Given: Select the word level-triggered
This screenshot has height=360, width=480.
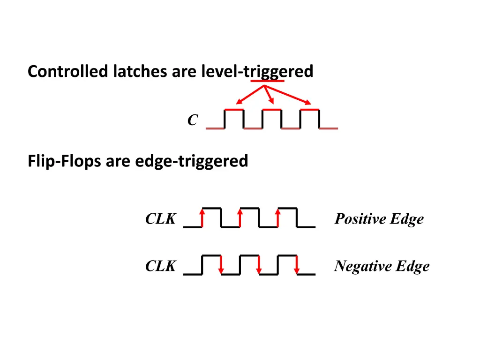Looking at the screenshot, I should point(257,72).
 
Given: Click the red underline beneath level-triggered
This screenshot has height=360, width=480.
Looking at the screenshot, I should point(267,81).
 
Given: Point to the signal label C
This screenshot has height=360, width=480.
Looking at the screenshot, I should point(192,120).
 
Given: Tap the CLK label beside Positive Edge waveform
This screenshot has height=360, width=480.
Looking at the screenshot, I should point(160,219).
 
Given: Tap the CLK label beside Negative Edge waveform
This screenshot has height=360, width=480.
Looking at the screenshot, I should point(160,266).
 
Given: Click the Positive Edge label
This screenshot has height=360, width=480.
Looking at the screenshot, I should point(379,219).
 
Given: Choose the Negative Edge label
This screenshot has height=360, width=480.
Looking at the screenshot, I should point(382,266).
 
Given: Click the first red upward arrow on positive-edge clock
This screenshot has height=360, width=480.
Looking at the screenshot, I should point(202,218).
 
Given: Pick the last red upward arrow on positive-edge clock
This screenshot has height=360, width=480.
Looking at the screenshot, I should point(278,218).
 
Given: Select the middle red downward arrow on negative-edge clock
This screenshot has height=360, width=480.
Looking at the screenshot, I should point(259,265).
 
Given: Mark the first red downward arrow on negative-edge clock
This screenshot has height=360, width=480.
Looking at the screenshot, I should point(221,265).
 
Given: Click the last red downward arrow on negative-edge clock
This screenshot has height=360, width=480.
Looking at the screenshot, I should point(297,265).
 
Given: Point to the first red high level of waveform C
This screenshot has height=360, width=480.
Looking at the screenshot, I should point(234,110).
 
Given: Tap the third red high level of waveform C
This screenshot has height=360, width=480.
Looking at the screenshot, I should point(309,110).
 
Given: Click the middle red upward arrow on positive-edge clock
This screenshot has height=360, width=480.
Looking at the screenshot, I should point(240,218).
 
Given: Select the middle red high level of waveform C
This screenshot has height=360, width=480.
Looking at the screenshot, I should point(271,110).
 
